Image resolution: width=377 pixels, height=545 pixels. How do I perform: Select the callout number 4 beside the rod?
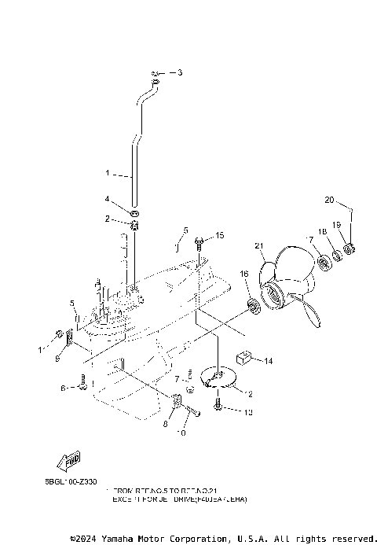pos(108,198)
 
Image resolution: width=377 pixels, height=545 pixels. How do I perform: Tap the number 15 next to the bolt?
pos(220,235)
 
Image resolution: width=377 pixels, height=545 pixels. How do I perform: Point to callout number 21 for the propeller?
pos(258,246)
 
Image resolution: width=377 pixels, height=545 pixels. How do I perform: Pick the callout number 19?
pos(335,225)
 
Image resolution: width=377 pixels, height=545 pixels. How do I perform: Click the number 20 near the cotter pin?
pos(329,199)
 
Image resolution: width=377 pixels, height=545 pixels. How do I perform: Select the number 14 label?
pos(268,361)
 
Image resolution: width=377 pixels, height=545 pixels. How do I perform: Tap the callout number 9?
pos(57,359)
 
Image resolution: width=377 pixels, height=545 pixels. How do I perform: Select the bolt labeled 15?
pos(200,238)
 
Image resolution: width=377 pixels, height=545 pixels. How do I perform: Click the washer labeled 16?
pos(253,304)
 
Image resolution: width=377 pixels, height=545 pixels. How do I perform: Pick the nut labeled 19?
pos(350,250)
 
